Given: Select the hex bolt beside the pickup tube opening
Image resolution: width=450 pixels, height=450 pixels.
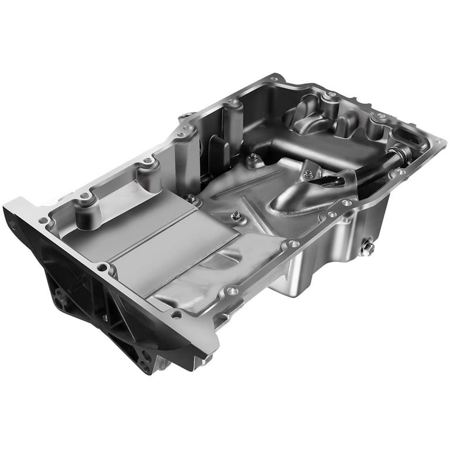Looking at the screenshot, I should [308, 174].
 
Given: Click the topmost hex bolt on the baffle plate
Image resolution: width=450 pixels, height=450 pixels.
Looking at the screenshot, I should [253, 157].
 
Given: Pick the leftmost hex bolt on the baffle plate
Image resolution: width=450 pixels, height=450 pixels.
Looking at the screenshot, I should [190, 199].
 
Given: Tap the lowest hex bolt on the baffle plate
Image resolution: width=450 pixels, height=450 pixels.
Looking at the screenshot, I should [235, 216].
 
